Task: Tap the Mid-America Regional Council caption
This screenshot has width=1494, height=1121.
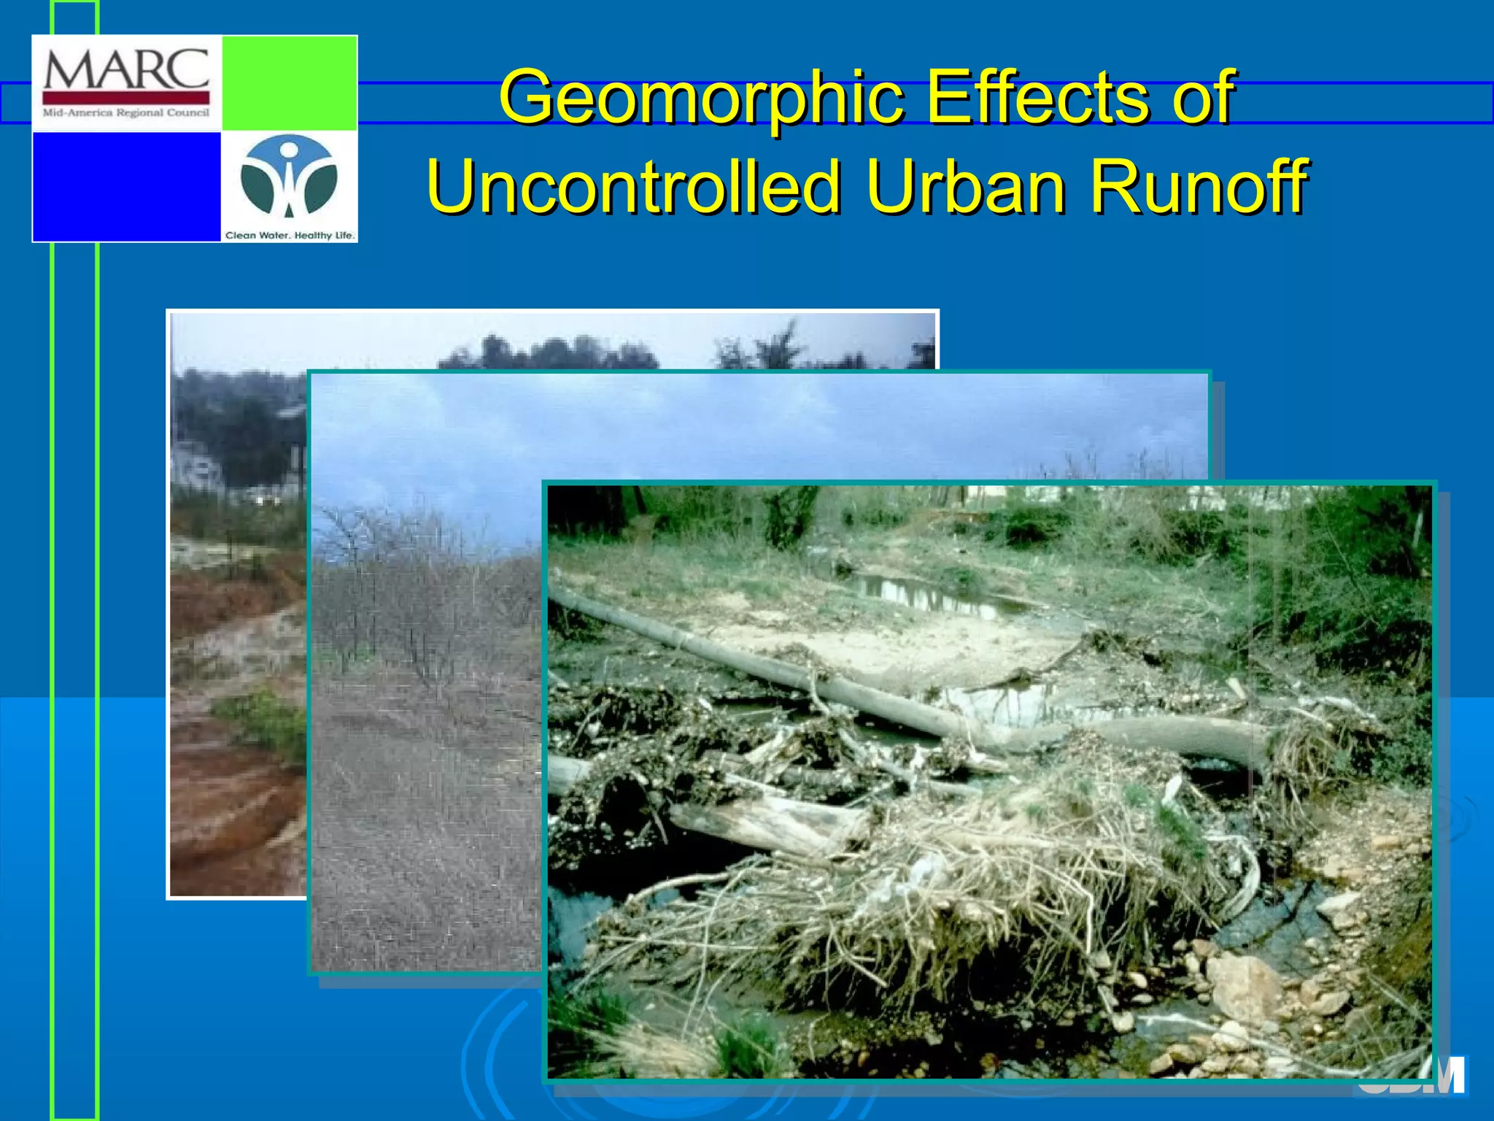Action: point(126,113)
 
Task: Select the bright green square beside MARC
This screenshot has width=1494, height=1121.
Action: point(289,82)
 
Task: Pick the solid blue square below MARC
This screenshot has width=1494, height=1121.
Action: point(126,186)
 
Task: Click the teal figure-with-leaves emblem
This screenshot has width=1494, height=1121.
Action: point(289,177)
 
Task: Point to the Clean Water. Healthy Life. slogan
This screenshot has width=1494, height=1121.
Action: point(290,235)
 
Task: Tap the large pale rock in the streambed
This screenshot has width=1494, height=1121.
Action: point(1245,985)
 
